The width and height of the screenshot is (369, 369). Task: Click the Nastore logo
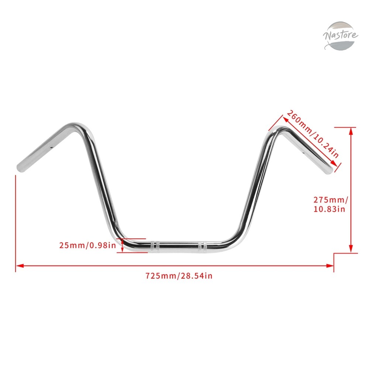[x=341, y=36]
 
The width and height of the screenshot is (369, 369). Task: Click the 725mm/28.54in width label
[x=179, y=276]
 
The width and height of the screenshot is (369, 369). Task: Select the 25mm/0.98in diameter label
[x=87, y=245]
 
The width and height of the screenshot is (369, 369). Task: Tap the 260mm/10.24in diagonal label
[x=313, y=134]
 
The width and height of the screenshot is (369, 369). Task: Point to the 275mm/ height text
[x=330, y=200]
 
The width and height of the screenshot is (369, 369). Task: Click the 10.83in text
[x=329, y=209]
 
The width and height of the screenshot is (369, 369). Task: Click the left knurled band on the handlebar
[x=155, y=246]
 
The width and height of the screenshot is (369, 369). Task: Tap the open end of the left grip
[x=20, y=168]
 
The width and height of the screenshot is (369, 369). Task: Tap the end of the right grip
[x=330, y=171]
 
